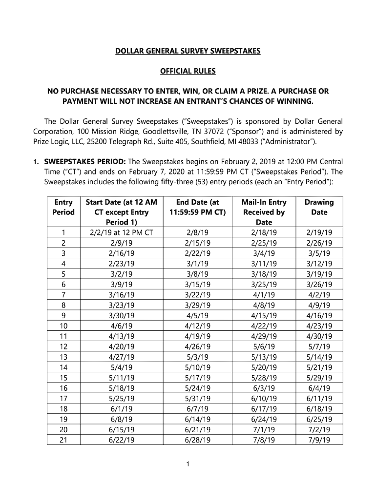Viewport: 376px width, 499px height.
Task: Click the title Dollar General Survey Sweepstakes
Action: (x=188, y=51)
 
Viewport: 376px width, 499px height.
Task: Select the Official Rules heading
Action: (x=188, y=71)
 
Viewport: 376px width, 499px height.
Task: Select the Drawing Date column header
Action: (x=319, y=207)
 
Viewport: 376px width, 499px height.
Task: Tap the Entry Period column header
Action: (x=63, y=207)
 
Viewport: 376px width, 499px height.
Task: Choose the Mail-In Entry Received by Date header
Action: (x=264, y=212)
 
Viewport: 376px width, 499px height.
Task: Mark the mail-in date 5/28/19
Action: (x=264, y=378)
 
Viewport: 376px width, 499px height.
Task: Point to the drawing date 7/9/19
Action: (x=319, y=440)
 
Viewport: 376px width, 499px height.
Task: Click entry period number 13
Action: (x=63, y=357)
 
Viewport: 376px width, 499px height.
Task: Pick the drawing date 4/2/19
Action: (x=319, y=295)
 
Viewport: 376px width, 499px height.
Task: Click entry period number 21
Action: (x=63, y=440)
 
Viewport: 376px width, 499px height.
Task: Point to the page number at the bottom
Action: (x=188, y=464)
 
